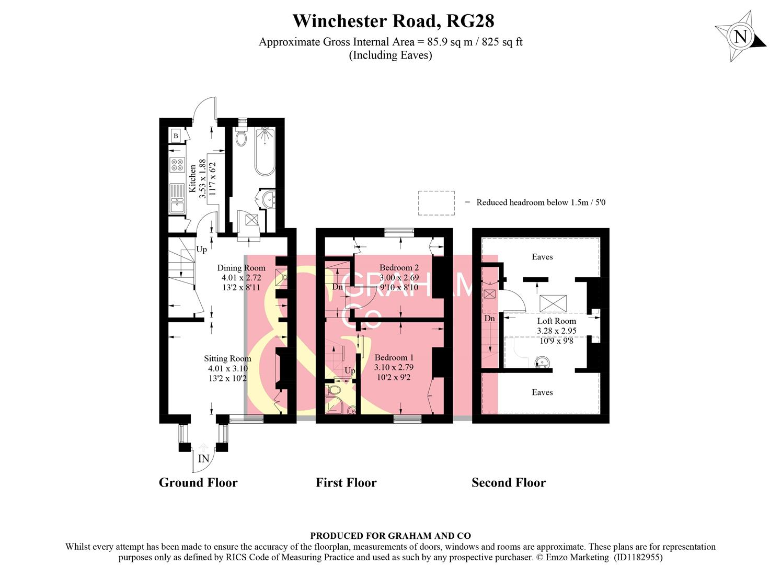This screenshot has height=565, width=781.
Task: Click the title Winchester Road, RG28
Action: click(393, 21)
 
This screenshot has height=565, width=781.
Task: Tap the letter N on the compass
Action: click(740, 37)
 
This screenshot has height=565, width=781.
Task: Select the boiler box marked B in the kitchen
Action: click(176, 136)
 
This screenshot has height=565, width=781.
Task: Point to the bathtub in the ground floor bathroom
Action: click(267, 152)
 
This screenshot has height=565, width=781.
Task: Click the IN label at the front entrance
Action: click(203, 459)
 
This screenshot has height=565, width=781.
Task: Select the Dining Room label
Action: click(241, 268)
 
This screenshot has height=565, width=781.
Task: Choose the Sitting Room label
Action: click(227, 359)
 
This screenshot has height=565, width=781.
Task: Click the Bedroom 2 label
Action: click(399, 268)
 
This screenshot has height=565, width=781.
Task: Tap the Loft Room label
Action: click(556, 321)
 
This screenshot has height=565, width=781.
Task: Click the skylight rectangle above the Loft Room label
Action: click(553, 303)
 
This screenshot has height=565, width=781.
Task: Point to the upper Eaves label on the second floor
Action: click(542, 257)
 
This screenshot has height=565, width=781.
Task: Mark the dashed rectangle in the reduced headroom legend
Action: click(436, 203)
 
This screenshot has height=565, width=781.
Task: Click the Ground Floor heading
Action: click(198, 483)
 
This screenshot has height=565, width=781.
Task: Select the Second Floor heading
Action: click(508, 483)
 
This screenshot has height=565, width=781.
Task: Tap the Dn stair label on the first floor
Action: click(338, 287)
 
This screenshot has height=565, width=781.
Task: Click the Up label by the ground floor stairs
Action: click(201, 250)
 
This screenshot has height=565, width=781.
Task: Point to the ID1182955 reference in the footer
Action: click(638, 558)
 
